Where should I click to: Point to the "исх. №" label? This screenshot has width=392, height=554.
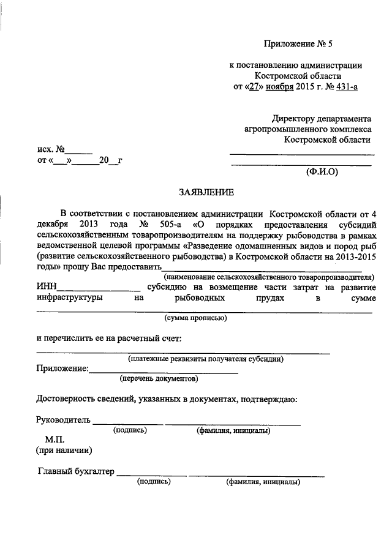(x=51, y=149)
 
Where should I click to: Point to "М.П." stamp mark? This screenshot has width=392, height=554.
(x=55, y=440)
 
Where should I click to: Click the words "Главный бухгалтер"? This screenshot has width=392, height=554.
(x=76, y=471)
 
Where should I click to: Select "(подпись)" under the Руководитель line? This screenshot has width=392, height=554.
(x=130, y=430)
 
